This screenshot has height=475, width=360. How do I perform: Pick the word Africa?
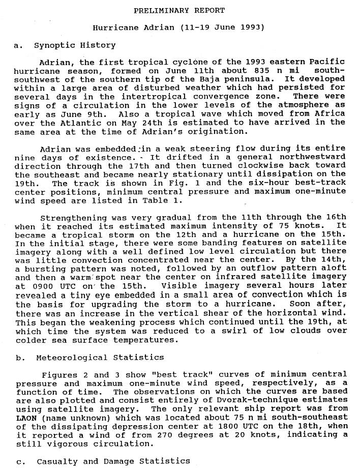pyautogui.click(x=331, y=113)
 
